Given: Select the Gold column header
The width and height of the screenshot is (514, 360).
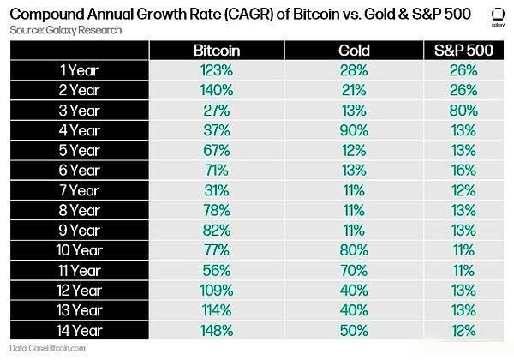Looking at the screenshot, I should tap(354, 51).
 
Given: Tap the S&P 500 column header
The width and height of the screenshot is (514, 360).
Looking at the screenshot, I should tap(466, 51).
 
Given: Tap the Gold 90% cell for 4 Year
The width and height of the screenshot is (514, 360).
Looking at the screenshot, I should tap(354, 131).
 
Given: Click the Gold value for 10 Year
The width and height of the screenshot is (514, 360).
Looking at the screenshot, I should tap(354, 249).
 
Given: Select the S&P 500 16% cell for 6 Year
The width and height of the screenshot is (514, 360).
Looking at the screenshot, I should tap(466, 171).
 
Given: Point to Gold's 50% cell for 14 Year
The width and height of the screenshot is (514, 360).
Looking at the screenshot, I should tap(354, 329).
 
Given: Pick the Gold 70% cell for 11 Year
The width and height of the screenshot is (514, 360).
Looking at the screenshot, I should tap(354, 270).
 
